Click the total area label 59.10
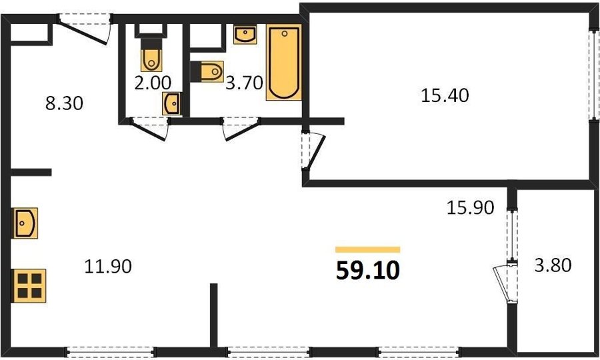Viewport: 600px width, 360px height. coord(368,270)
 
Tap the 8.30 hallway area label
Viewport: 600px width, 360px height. coord(64,103)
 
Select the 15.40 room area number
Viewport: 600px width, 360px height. coord(445,95)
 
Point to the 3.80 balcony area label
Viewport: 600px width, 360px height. coord(553,265)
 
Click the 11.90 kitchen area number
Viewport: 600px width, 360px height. coord(108,266)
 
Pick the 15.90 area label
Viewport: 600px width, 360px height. coord(471,207)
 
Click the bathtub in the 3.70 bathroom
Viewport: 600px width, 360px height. coord(284,63)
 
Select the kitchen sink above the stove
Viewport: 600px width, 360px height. coord(25,223)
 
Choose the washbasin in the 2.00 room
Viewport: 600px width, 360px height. coord(172,103)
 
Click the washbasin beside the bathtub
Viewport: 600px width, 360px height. coord(245,35)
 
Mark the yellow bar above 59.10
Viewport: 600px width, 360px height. coord(368,250)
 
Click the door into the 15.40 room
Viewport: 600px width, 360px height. coord(313,149)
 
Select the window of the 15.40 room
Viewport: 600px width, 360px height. coord(595,75)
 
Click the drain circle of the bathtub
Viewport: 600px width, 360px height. coord(284,33)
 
